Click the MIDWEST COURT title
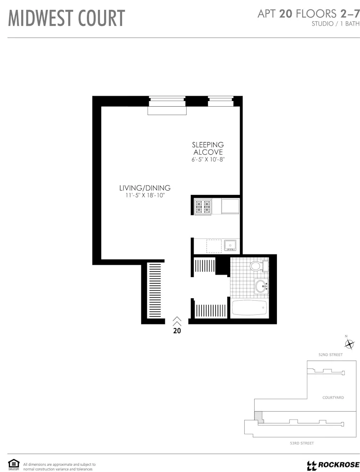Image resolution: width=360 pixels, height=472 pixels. pyautogui.click(x=67, y=18)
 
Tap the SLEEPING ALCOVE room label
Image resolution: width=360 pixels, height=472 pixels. pyautogui.click(x=207, y=148)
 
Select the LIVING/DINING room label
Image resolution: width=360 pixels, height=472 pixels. pyautogui.click(x=145, y=188)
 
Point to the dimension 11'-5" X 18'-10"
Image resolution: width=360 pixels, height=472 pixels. pyautogui.click(x=145, y=195)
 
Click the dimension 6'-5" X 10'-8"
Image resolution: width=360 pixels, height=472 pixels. pyautogui.click(x=208, y=160)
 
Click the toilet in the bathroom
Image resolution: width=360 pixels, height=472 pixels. pyautogui.click(x=257, y=266)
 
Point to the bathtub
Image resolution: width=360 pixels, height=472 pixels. pyautogui.click(x=249, y=309)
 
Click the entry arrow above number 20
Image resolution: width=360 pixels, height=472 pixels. pyautogui.click(x=177, y=321)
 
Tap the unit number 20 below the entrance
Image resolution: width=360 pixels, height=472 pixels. pyautogui.click(x=177, y=331)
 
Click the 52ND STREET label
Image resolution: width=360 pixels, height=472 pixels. pyautogui.click(x=331, y=354)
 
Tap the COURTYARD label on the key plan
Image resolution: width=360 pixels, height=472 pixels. pyautogui.click(x=333, y=397)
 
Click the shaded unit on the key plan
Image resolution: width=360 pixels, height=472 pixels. pyautogui.click(x=258, y=416)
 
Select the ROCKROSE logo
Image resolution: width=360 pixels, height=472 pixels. pyautogui.click(x=333, y=465)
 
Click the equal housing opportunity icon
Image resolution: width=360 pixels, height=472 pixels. pyautogui.click(x=14, y=465)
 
